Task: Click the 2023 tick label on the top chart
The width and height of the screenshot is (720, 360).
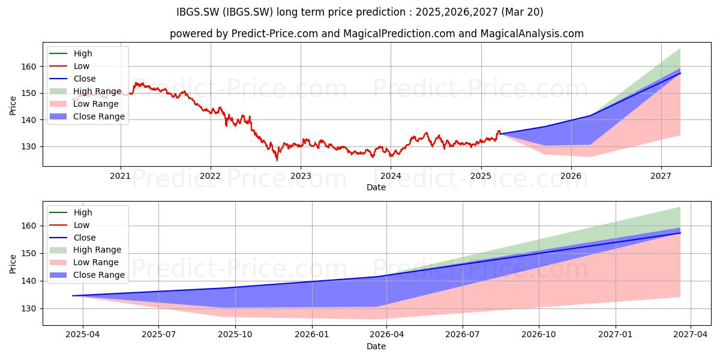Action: [x=301, y=176]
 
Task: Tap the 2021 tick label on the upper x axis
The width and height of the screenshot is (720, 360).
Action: [x=120, y=176]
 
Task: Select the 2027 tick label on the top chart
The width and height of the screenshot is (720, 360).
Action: [x=661, y=176]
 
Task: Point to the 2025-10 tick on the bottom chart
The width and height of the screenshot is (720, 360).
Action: [x=235, y=335]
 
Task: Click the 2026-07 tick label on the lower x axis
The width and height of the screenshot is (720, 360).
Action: [x=463, y=335]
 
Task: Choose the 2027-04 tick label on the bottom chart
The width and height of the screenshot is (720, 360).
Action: [x=691, y=335]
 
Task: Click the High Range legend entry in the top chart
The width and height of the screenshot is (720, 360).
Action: [x=85, y=91]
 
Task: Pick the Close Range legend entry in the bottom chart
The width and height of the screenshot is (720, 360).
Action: [x=87, y=275]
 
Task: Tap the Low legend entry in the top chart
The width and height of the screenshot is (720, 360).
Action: [x=69, y=66]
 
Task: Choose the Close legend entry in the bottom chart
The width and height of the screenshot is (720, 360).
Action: [x=73, y=238]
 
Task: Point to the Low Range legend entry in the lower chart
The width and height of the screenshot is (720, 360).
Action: [x=84, y=262]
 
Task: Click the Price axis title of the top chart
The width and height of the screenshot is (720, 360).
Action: [x=13, y=106]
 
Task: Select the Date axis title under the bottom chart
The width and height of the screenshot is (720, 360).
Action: [x=376, y=346]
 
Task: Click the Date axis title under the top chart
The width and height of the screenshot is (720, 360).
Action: [x=376, y=187]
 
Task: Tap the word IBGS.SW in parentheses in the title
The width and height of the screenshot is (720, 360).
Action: [x=248, y=12]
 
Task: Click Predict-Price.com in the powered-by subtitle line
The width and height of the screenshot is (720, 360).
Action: [x=275, y=34]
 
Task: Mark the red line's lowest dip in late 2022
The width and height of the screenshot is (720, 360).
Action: [x=277, y=160]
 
